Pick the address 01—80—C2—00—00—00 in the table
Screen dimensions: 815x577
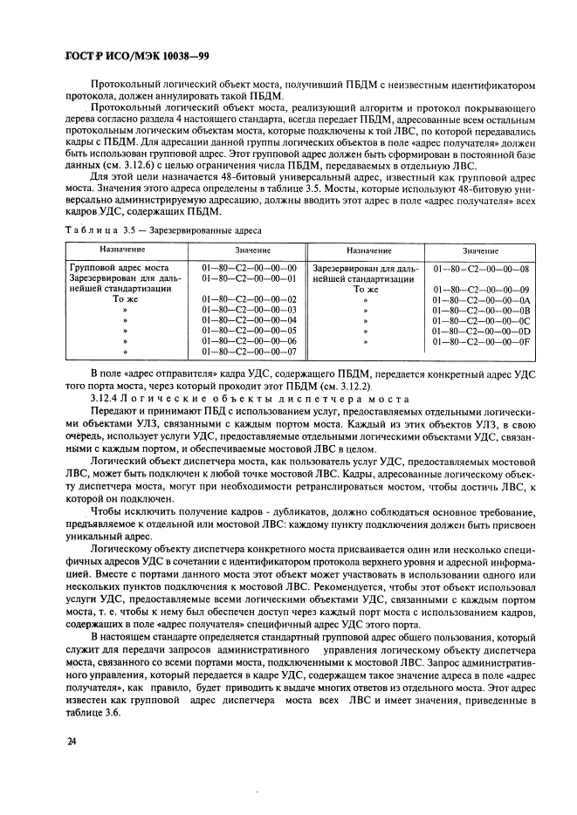point(250,268)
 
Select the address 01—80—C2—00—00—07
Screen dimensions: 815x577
point(250,353)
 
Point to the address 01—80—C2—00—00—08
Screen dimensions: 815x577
point(481,268)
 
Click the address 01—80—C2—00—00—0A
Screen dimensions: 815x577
point(481,299)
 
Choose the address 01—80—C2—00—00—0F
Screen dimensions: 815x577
point(481,342)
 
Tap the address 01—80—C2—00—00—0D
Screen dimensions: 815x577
point(481,332)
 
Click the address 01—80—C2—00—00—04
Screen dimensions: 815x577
point(250,320)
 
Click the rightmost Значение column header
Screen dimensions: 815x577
point(481,250)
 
